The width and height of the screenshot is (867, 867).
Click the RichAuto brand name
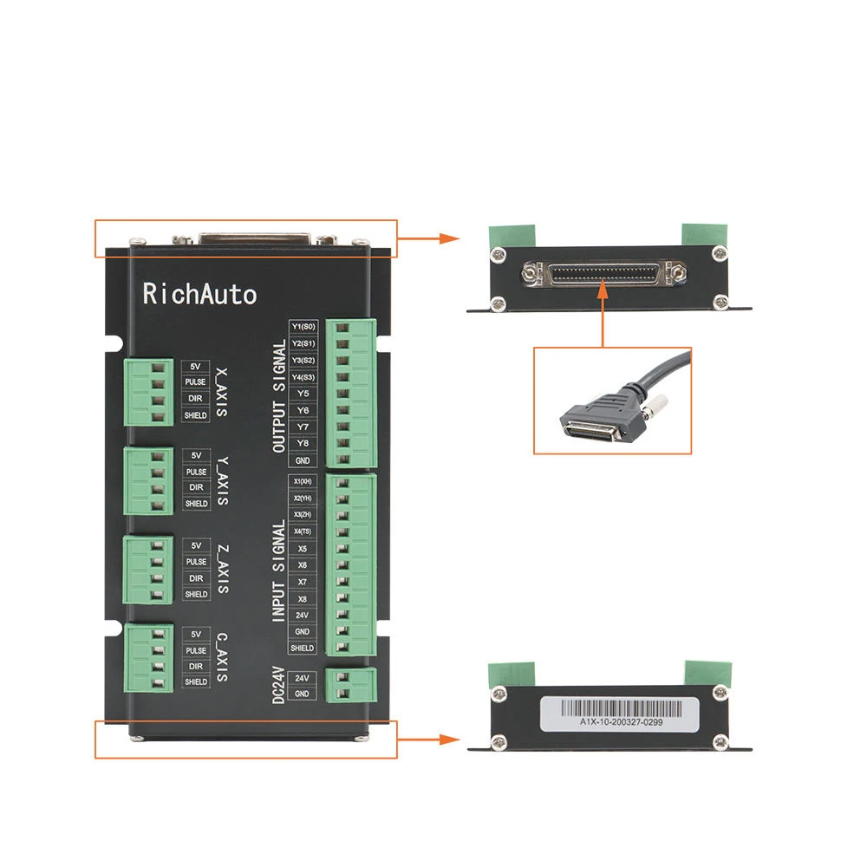pyautogui.click(x=199, y=294)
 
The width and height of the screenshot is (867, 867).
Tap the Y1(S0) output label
pyautogui.click(x=303, y=327)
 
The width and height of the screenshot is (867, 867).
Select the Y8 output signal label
pyautogui.click(x=303, y=443)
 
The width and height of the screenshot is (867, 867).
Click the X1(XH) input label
pyautogui.click(x=303, y=481)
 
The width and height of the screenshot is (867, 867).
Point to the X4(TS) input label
pyautogui.click(x=303, y=531)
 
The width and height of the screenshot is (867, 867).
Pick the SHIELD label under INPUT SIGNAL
pyautogui.click(x=303, y=648)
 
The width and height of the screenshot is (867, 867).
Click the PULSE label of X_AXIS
pyautogui.click(x=196, y=382)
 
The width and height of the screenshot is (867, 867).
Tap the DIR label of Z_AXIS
pyautogui.click(x=196, y=577)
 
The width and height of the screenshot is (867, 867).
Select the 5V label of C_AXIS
pyautogui.click(x=196, y=634)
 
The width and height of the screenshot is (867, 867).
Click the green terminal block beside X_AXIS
pyautogui.click(x=146, y=392)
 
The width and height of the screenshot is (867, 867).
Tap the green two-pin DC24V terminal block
pyautogui.click(x=351, y=684)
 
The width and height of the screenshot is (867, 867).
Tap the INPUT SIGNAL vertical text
pyautogui.click(x=278, y=570)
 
